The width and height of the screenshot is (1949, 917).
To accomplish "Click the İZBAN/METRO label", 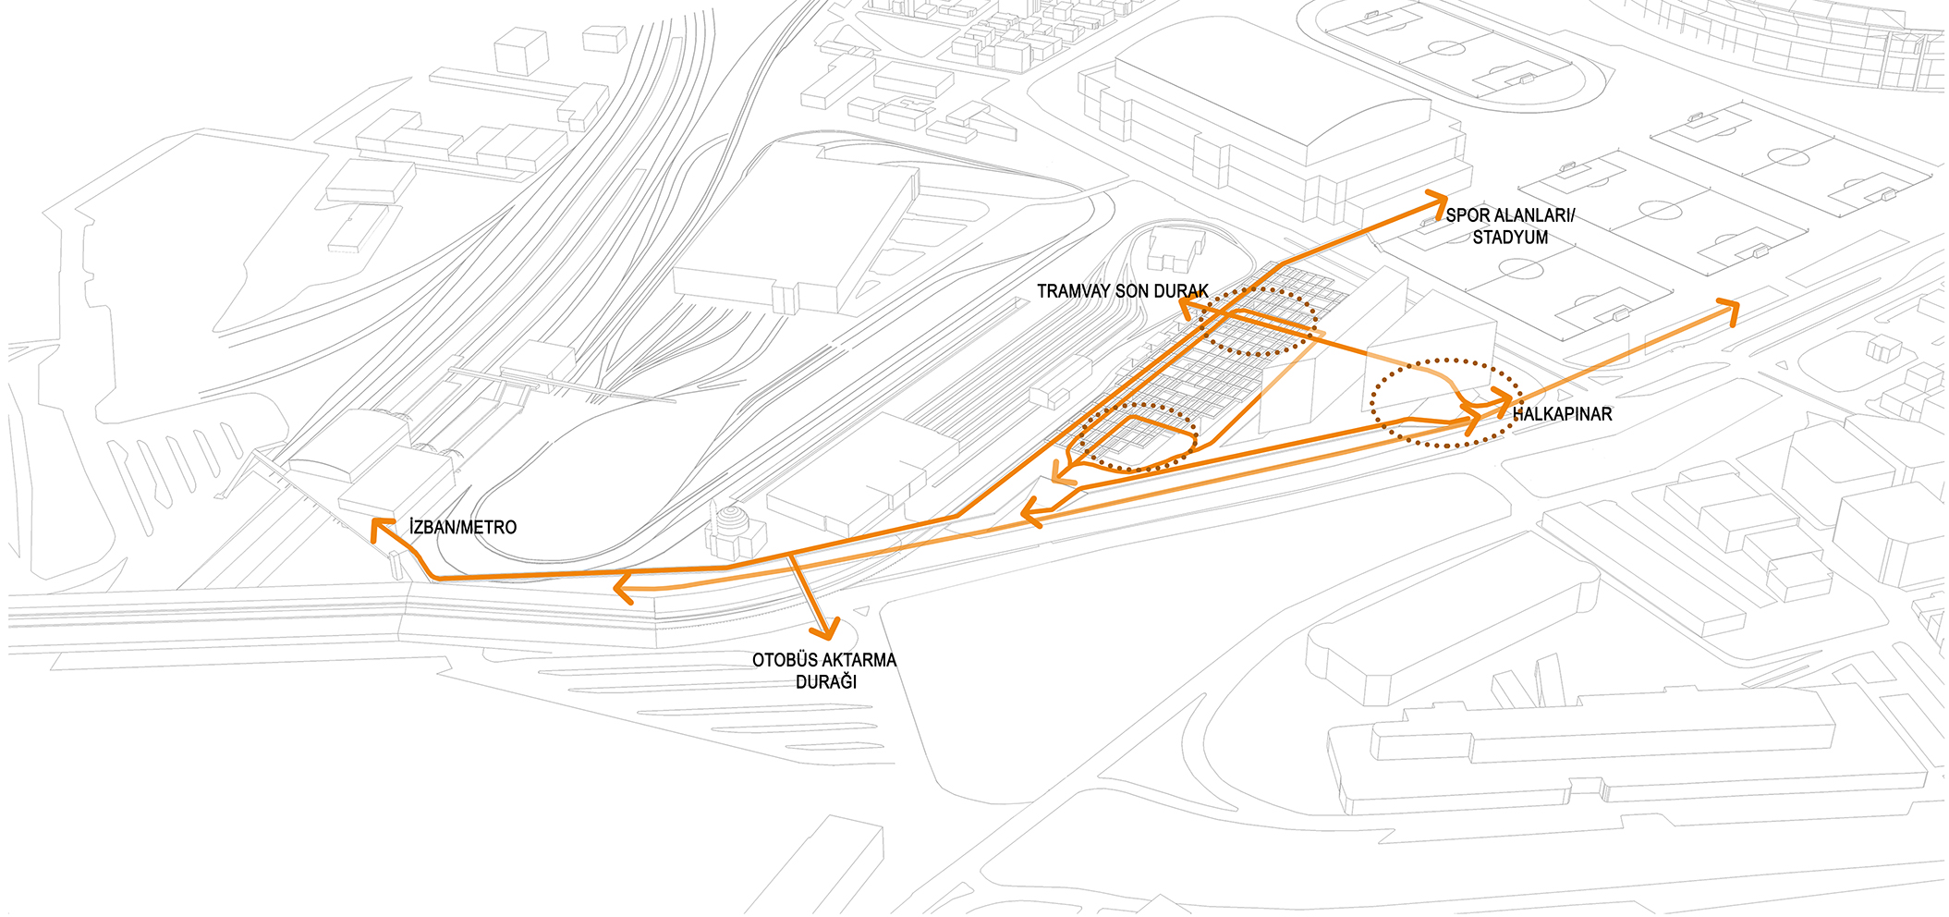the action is click(x=463, y=527).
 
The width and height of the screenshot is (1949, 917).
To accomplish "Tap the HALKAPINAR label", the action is click(x=1562, y=414).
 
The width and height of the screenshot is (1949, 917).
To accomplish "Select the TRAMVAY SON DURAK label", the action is click(x=1123, y=291).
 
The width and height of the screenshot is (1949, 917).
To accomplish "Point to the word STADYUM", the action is click(x=1510, y=238).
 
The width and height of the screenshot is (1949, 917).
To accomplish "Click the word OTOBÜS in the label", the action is click(x=785, y=660).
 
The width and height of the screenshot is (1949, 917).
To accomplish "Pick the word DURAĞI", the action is click(x=826, y=682).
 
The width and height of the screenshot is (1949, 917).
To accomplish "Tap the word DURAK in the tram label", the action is click(x=1181, y=291).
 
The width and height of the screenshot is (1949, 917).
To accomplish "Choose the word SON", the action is click(x=1133, y=291).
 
